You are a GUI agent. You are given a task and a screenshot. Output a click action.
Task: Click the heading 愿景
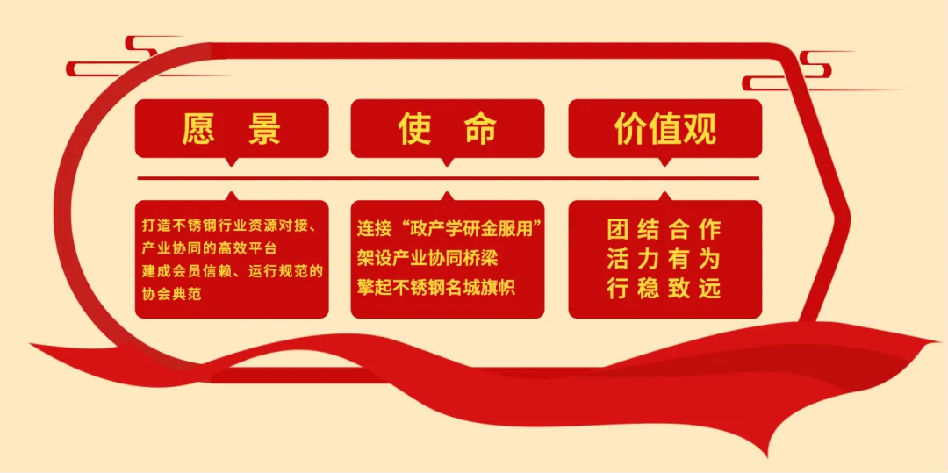point(232,129)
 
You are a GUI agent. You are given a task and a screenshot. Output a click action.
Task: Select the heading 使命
point(448,129)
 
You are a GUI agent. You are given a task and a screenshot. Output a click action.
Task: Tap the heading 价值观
point(664,129)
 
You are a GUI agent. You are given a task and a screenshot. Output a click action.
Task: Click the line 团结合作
point(664,229)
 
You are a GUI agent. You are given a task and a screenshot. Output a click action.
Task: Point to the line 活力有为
point(664,259)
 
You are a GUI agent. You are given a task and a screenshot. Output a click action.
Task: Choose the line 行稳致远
point(664,288)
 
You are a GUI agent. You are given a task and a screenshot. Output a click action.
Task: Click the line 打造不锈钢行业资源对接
point(230,226)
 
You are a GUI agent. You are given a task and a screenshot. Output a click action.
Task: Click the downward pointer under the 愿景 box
point(232,161)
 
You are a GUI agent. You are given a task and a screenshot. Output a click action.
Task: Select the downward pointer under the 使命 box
point(448,161)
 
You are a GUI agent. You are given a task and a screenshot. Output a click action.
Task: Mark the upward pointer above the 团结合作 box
point(664,196)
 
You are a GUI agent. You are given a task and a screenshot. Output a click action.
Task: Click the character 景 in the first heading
point(264,129)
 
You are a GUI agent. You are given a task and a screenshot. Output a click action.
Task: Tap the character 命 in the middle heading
point(480,129)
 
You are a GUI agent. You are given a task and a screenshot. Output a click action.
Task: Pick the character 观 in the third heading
point(700,129)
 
